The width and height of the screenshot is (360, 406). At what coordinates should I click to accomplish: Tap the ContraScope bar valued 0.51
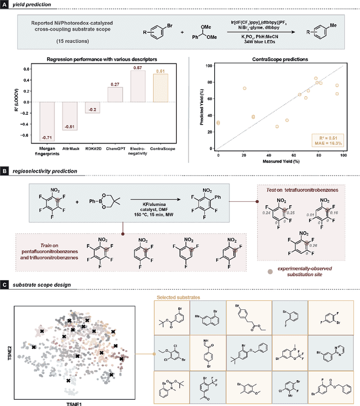point(160,88)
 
